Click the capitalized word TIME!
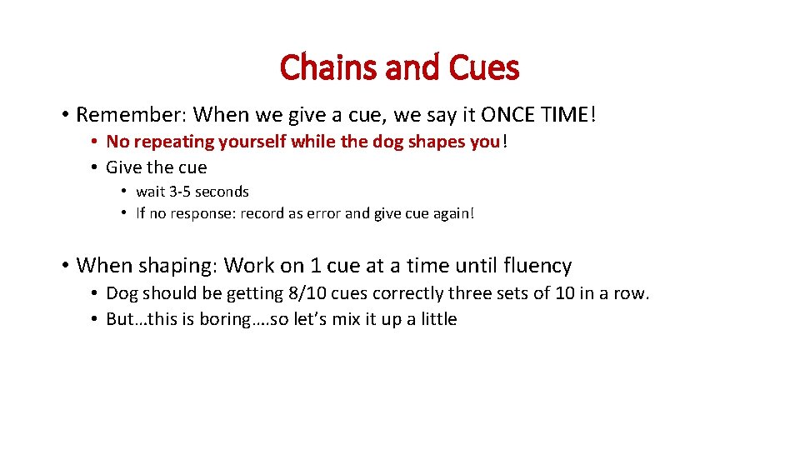(569, 114)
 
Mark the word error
(322, 213)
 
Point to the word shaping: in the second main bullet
(177, 266)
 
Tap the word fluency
(537, 266)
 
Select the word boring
(209, 319)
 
